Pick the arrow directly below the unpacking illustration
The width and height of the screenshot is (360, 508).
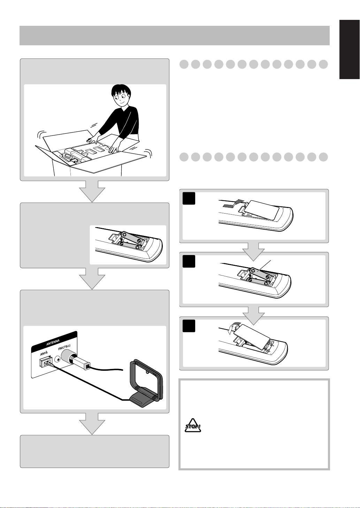(x=92, y=191)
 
